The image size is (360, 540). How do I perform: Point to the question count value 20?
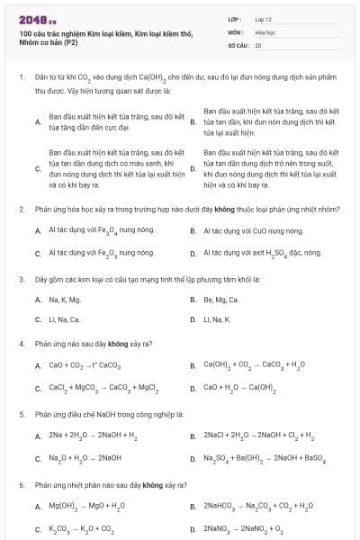click(x=258, y=44)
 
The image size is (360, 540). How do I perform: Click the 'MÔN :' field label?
click(x=236, y=31)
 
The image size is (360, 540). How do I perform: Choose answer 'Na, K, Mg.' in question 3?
click(x=65, y=299)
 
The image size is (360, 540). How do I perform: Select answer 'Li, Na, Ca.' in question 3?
click(x=65, y=319)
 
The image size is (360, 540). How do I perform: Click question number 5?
click(x=21, y=414)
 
